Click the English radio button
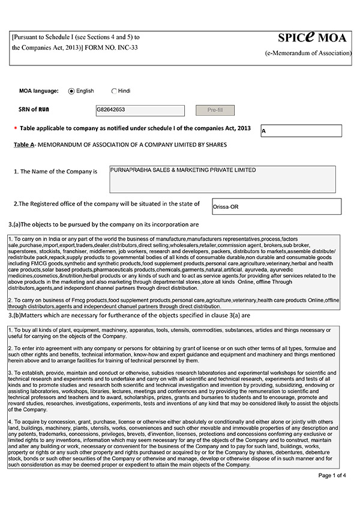(71, 91)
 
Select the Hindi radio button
(114, 91)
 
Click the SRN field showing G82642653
(140, 110)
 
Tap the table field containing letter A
(301, 131)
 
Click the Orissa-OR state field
(276, 206)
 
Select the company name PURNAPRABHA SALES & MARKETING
(222, 179)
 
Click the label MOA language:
(39, 91)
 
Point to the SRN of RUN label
(37, 110)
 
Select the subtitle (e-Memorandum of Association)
(308, 53)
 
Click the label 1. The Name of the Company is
(55, 172)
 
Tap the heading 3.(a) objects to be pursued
(104, 224)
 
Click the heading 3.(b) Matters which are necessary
(129, 315)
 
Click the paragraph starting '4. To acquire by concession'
(174, 443)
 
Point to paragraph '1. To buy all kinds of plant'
(174, 334)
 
